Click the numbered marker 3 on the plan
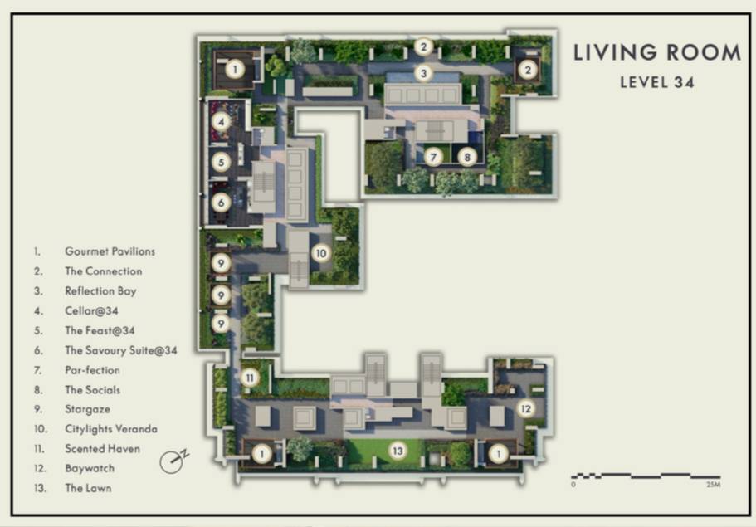[423, 73]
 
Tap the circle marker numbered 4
[222, 121]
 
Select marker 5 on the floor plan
[222, 162]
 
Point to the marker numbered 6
[222, 203]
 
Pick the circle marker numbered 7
[433, 157]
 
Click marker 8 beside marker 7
[466, 157]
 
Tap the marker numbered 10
[321, 253]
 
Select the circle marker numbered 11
[250, 378]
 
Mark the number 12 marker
[526, 409]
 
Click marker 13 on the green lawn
[398, 451]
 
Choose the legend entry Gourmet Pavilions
[110, 251]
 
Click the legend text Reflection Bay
[100, 291]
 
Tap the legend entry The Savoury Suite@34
[121, 350]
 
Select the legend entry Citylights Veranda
[111, 428]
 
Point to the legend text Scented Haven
[102, 448]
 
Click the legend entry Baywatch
[90, 468]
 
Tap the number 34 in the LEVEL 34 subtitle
[684, 82]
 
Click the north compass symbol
[173, 461]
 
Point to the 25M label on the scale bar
[713, 484]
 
